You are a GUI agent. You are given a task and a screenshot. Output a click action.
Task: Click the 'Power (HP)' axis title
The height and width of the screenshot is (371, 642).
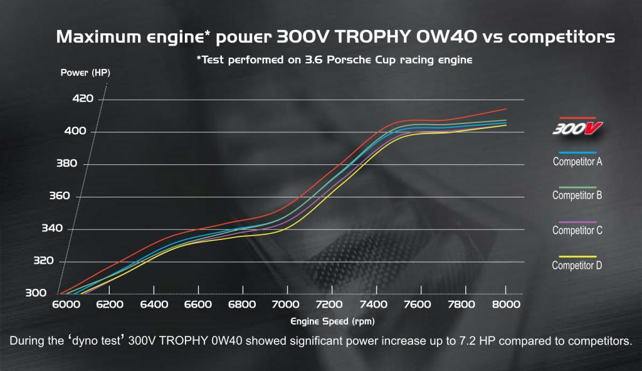pyautogui.click(x=85, y=73)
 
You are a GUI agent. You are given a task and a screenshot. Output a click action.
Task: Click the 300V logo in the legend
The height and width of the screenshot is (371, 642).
pyautogui.click(x=577, y=128)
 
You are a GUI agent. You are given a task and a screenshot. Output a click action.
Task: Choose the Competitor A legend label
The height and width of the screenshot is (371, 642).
pyautogui.click(x=577, y=162)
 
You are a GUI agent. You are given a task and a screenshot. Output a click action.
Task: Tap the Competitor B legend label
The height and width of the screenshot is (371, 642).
pyautogui.click(x=577, y=196)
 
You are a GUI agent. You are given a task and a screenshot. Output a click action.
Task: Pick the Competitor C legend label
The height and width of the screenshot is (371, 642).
pyautogui.click(x=577, y=231)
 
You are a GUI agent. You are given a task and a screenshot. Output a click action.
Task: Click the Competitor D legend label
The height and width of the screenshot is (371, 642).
pyautogui.click(x=577, y=265)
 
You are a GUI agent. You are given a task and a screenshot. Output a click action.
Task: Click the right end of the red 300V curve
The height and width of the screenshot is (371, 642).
pyautogui.click(x=505, y=109)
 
